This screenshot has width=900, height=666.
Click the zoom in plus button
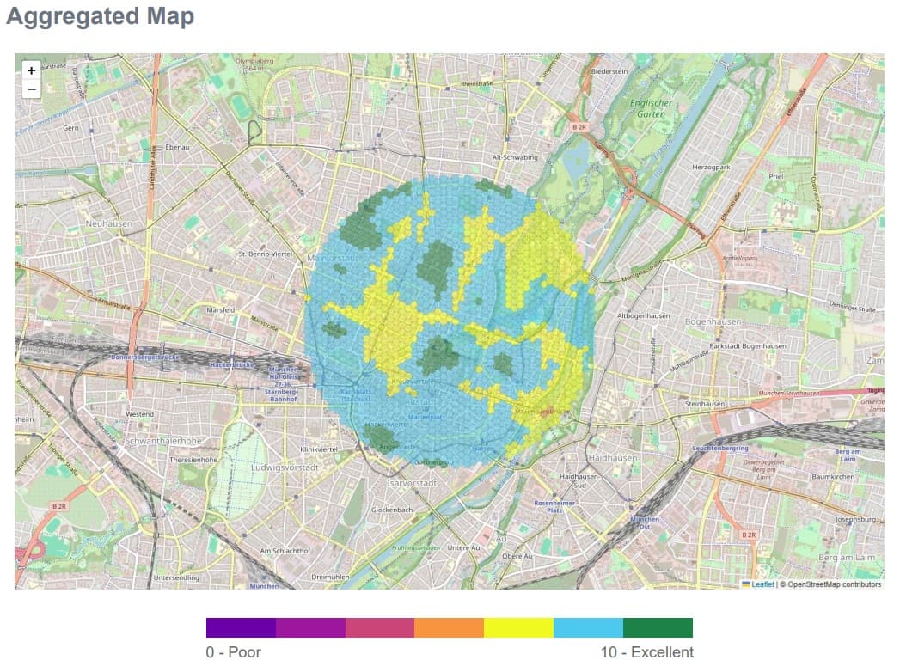[x=32, y=70]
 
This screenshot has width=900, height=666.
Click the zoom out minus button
[x=32, y=89]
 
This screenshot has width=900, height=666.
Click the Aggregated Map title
[x=100, y=16]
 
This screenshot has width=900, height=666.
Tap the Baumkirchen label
[x=831, y=476]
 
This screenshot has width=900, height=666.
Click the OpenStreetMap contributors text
[x=830, y=584]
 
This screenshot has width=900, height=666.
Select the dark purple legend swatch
[x=241, y=627]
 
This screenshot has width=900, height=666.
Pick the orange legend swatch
[x=449, y=627]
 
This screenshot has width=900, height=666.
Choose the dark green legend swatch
[x=658, y=627]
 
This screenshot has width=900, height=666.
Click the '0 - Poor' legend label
[x=233, y=652]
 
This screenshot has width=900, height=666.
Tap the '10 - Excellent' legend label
[x=646, y=652]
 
